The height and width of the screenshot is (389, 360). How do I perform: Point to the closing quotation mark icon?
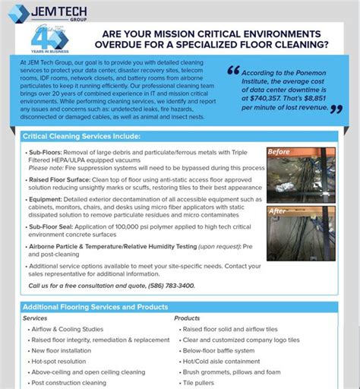[336, 109]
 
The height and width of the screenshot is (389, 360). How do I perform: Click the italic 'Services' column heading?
[35, 318]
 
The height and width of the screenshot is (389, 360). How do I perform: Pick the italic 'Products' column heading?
[187, 318]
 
